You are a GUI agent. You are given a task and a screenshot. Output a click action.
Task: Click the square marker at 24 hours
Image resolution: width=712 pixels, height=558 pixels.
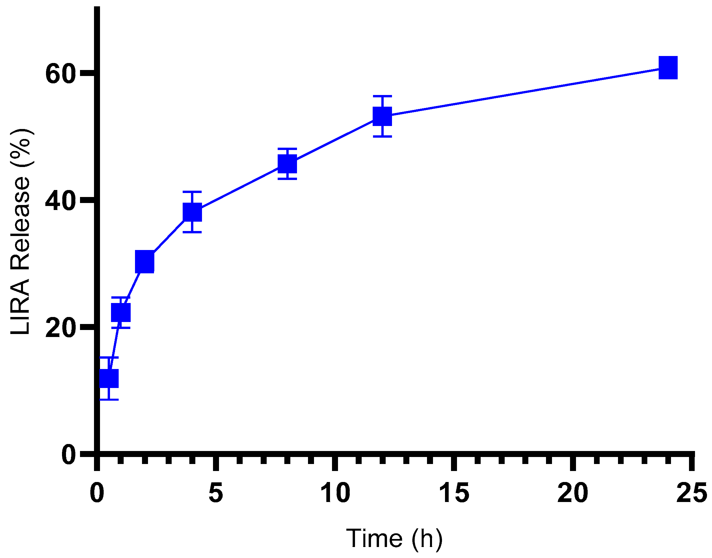click(668, 67)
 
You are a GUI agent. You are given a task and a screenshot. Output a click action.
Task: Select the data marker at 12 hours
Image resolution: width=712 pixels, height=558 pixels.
click(382, 116)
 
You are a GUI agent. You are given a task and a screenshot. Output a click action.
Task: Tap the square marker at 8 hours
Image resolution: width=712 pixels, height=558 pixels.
click(287, 164)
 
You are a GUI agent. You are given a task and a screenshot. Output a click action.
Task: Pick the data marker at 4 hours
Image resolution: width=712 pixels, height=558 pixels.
click(192, 212)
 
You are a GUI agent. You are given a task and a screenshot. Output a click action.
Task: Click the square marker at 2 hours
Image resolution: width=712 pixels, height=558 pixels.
click(145, 262)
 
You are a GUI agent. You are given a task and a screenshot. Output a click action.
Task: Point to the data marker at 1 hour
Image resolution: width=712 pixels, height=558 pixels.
click(121, 312)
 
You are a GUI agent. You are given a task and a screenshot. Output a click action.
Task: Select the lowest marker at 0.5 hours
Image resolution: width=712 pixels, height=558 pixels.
click(109, 378)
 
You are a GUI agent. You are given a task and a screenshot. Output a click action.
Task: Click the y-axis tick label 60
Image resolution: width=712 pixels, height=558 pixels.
click(59, 74)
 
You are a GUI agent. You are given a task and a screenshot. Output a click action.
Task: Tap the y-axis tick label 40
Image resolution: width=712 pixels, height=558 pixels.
click(59, 201)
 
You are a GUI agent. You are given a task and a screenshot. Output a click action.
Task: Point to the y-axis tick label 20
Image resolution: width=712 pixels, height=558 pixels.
click(59, 328)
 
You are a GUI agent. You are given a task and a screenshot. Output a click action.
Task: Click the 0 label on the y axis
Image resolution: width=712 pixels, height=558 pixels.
click(68, 455)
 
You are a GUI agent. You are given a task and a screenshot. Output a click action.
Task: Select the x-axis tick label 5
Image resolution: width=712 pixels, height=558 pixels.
click(216, 493)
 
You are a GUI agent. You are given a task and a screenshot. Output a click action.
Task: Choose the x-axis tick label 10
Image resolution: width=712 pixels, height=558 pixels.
click(335, 493)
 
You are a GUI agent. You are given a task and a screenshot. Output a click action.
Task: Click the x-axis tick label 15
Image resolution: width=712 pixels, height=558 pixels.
click(454, 493)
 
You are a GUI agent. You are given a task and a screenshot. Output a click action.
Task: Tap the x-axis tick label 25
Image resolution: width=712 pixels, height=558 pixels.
click(691, 493)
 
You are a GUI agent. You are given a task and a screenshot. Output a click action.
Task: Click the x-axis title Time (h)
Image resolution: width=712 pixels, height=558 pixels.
click(394, 538)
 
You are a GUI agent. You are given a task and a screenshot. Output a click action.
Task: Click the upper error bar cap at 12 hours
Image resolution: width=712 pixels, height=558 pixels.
click(382, 96)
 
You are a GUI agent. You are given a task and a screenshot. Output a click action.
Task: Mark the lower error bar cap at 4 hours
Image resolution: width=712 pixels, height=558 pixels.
click(192, 232)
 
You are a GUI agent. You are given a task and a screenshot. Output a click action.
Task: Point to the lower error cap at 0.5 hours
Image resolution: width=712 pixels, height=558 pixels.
click(109, 399)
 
